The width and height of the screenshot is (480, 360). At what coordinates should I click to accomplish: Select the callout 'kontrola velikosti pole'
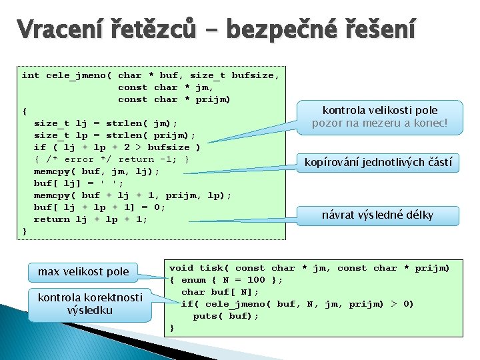pyautogui.click(x=379, y=110)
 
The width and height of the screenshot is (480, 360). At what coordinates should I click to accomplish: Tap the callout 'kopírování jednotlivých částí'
pyautogui.click(x=378, y=162)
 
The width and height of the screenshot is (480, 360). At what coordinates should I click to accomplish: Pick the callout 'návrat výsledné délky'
pyautogui.click(x=377, y=215)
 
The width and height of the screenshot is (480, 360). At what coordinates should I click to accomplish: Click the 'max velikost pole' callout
pyautogui.click(x=83, y=271)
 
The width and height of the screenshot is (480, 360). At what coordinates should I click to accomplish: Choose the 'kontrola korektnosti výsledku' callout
pyautogui.click(x=90, y=304)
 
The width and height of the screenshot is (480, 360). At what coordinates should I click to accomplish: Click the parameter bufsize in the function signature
pyautogui.click(x=253, y=75)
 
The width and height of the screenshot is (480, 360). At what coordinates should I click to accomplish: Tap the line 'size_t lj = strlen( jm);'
pyautogui.click(x=105, y=123)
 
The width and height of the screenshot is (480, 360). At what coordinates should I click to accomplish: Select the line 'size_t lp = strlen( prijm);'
pyautogui.click(x=114, y=135)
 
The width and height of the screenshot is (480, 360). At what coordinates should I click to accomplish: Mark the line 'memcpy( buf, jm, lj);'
pyautogui.click(x=97, y=171)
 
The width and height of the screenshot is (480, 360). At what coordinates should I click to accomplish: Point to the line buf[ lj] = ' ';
pyautogui.click(x=79, y=183)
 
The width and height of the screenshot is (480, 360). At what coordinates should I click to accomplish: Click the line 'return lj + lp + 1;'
pyautogui.click(x=91, y=219)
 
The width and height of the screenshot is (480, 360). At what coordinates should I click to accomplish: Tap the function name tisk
pyautogui.click(x=211, y=268)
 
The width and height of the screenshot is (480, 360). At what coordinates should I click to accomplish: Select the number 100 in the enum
pyautogui.click(x=255, y=280)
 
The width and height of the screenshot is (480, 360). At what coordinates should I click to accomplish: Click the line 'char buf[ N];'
pyautogui.click(x=220, y=292)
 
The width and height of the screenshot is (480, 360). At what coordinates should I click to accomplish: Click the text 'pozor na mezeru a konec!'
pyautogui.click(x=379, y=123)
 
